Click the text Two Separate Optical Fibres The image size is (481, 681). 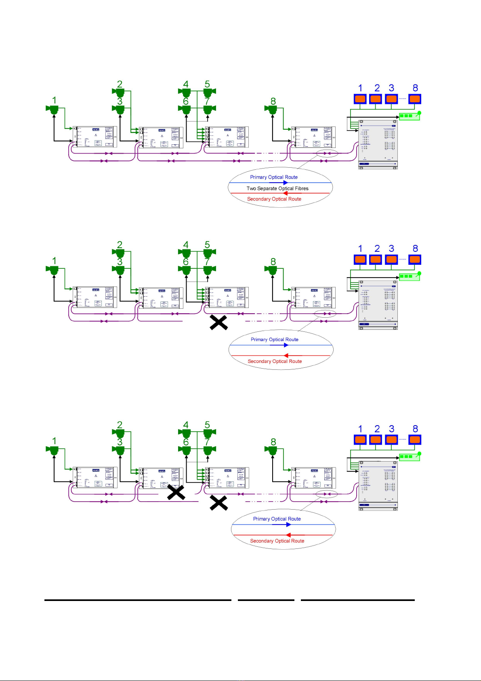(277, 188)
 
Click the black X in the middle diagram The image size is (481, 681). (218, 323)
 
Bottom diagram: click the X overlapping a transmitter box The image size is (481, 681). (176, 492)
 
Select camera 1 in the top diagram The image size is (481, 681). (54, 109)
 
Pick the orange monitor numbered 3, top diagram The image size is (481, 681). (391, 99)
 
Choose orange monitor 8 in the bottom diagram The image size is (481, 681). (415, 439)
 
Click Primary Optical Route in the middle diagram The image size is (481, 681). (275, 339)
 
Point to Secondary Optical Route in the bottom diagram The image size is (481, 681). (277, 541)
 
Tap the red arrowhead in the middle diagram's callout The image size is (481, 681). (286, 356)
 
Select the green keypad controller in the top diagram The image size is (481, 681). (409, 116)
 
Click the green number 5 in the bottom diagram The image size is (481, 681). (207, 425)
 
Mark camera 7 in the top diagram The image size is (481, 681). (208, 109)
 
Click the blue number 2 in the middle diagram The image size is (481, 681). (377, 249)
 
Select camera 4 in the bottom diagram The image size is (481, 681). (185, 433)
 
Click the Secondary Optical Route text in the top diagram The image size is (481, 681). (274, 199)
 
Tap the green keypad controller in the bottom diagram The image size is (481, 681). (409, 457)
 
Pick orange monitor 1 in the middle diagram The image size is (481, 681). (360, 259)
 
